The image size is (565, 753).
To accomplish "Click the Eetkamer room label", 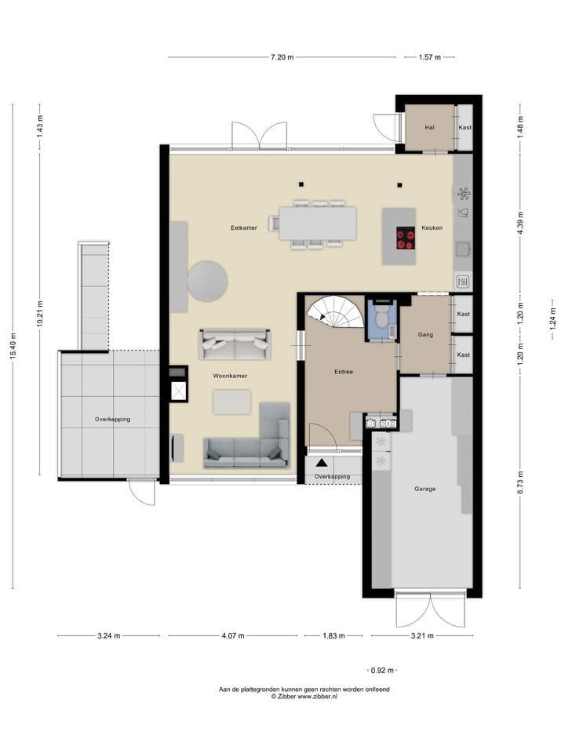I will [244, 227].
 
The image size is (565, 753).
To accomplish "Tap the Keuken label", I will [432, 227].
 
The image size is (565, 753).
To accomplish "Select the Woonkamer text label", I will [230, 376].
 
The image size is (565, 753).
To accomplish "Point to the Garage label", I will [425, 489].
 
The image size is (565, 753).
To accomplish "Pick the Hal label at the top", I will [429, 127].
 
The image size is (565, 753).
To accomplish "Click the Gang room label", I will [425, 335].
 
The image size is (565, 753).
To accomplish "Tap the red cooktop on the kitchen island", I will [406, 238].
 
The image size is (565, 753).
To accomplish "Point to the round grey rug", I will [208, 281].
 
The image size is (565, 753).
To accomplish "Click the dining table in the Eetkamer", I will [317, 224].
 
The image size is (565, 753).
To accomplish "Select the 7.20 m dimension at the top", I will [282, 57].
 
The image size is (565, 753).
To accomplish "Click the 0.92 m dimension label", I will [383, 671].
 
